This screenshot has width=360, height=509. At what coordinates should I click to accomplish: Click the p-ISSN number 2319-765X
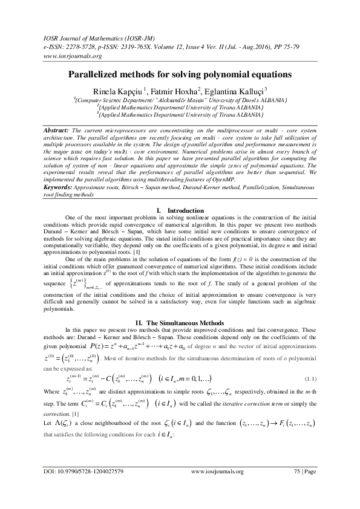tap(144, 46)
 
